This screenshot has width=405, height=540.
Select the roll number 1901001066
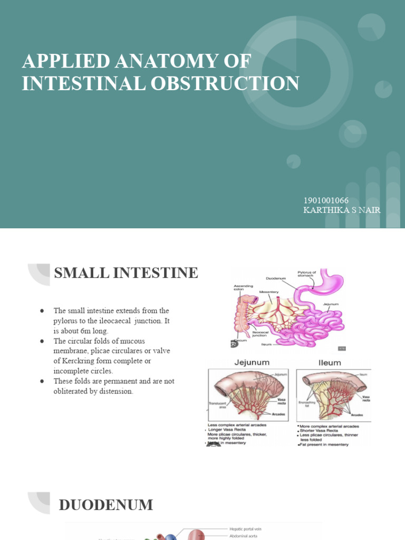click(326, 200)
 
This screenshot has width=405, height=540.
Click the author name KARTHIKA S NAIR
click(342, 210)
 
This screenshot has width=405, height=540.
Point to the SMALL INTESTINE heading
click(126, 273)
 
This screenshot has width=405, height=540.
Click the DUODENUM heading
click(106, 505)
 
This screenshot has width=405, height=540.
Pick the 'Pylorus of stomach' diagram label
click(306, 274)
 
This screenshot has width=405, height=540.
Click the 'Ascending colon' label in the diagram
click(243, 288)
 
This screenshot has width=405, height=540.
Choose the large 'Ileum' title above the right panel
click(330, 363)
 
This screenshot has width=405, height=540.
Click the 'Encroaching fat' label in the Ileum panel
click(307, 404)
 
